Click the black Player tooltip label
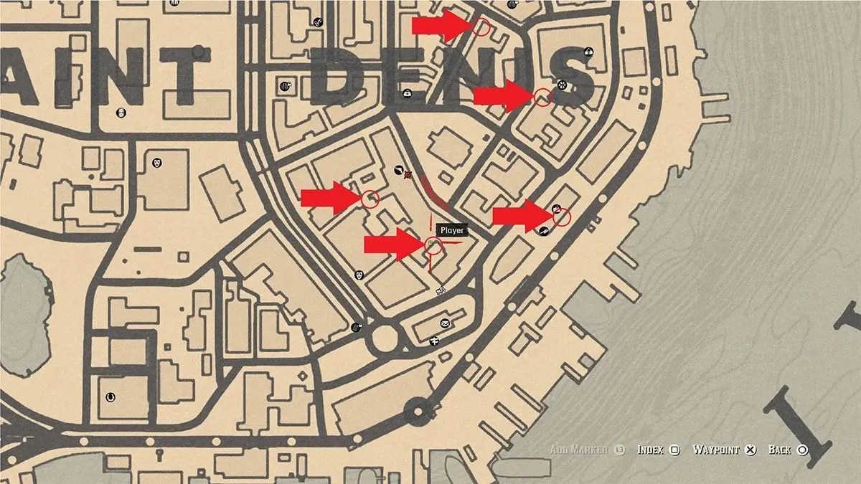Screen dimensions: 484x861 [x=452, y=231]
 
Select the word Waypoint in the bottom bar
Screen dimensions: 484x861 [x=715, y=450]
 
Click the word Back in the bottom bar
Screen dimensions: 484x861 [x=779, y=450]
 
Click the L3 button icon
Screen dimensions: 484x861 [x=619, y=450]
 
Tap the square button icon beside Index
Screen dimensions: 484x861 [x=674, y=450]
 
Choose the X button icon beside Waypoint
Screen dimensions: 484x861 [x=751, y=450]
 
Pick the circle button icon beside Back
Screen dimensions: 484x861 [x=802, y=450]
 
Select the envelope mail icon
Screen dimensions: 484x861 [x=445, y=324]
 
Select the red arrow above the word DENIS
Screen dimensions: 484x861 [x=439, y=26]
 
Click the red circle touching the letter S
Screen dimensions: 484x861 [x=543, y=97]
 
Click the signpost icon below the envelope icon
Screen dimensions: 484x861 [x=435, y=341]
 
